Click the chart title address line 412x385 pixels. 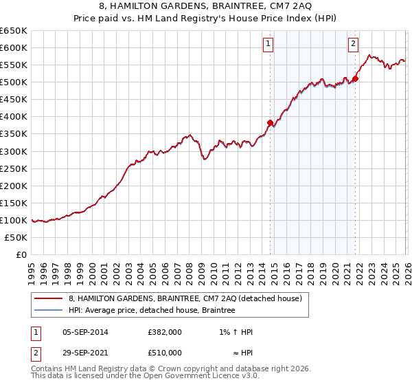(x=206, y=6)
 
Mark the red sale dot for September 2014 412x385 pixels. (x=270, y=122)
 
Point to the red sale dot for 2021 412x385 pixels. (x=356, y=78)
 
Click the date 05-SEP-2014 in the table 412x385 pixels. (x=85, y=332)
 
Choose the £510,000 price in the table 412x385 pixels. (x=165, y=353)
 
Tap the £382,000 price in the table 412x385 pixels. (x=165, y=332)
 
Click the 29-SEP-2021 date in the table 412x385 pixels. (x=85, y=353)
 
